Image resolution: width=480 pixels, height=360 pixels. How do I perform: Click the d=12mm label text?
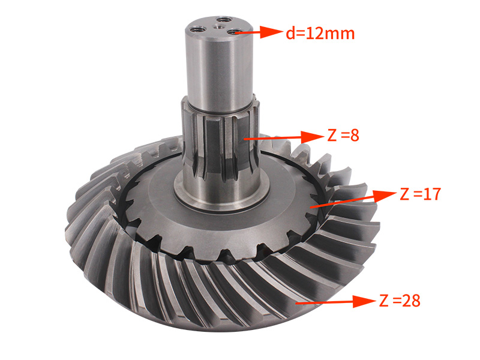pos(320,33)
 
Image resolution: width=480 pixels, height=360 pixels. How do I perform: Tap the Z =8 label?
pos(343,135)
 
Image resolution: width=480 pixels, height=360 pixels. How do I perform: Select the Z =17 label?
pos(421,194)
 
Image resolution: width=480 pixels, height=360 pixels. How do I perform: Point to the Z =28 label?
pos(400,301)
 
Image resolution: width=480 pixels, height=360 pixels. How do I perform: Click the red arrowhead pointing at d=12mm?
pos(272,32)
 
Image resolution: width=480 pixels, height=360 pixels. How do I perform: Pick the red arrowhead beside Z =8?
pos(312,137)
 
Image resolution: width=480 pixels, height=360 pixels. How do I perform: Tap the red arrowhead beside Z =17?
pos(385,196)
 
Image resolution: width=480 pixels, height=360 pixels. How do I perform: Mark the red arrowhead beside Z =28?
pos(364,302)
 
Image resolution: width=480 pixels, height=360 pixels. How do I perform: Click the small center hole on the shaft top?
pos(218,27)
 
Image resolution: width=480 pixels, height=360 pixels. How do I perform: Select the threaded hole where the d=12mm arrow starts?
pos(234,32)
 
